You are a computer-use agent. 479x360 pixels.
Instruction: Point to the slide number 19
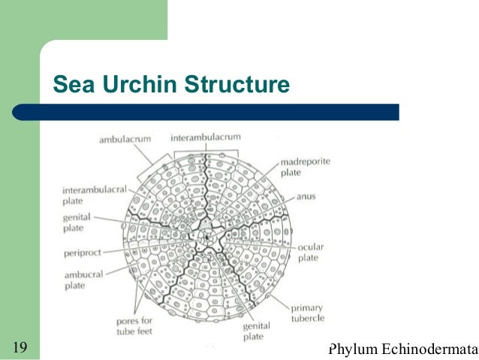[x=21, y=347]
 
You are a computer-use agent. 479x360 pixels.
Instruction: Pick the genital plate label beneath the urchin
[x=252, y=331]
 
